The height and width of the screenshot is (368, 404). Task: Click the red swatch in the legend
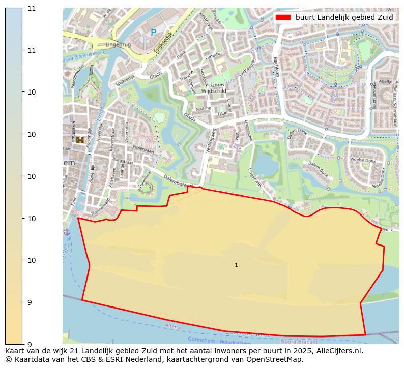coord(283,17)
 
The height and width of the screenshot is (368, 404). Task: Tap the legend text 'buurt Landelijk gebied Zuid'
coord(344,17)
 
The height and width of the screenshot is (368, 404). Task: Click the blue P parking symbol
coord(153,33)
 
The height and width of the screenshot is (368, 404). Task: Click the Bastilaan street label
coord(276,66)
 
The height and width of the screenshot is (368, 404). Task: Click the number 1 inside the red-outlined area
coord(236,265)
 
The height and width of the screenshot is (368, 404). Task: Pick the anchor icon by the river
coord(67,232)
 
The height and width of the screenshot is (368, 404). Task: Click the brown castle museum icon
coord(80,139)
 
